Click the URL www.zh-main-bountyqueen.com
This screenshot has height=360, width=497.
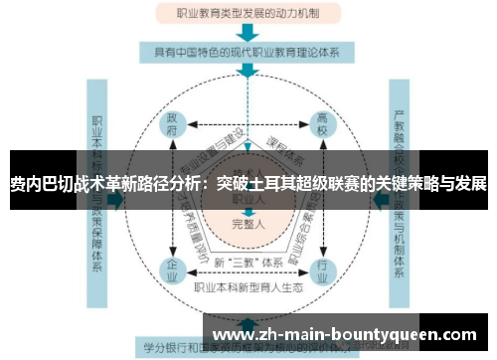click(x=345, y=332)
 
